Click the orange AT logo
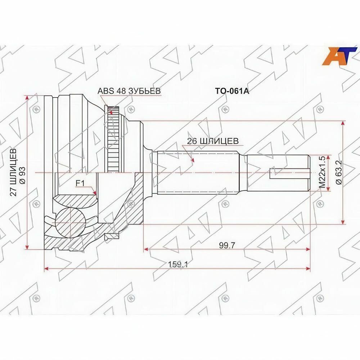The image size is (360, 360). (x=340, y=56)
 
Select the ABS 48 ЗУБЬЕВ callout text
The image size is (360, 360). (x=129, y=91)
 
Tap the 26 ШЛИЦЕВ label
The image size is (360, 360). (x=213, y=141)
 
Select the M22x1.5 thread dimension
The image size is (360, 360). (x=322, y=172)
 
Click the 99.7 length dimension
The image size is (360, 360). (x=227, y=246)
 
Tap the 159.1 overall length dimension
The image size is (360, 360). (x=178, y=265)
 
